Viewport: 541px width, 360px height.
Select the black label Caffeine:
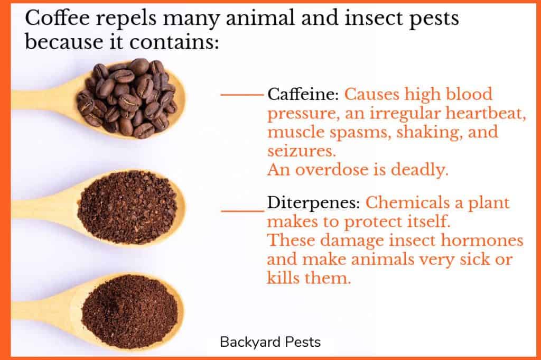point(303,94)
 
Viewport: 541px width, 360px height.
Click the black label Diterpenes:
point(314,203)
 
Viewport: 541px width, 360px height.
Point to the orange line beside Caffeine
point(242,94)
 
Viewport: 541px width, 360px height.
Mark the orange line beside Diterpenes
point(242,210)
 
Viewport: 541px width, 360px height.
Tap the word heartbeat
point(486,113)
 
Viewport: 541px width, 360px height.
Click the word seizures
point(301,151)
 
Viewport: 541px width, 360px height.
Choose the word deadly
point(419,170)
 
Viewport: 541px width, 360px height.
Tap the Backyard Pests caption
point(270,342)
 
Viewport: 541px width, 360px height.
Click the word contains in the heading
point(174,42)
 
